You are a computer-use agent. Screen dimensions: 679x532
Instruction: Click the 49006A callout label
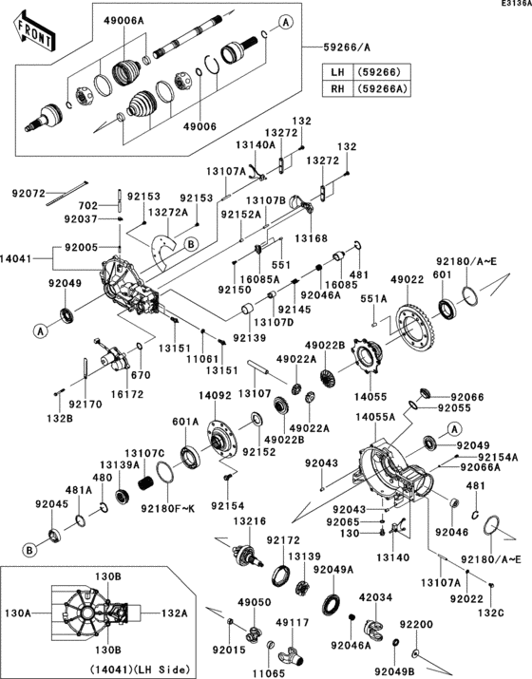coord(124,20)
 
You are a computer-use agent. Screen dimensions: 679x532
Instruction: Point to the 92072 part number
coord(28,194)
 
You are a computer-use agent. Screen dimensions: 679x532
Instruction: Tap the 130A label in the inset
coord(19,613)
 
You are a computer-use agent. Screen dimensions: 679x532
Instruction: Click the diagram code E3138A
coord(512,5)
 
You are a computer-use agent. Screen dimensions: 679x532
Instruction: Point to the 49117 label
coord(290,622)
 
